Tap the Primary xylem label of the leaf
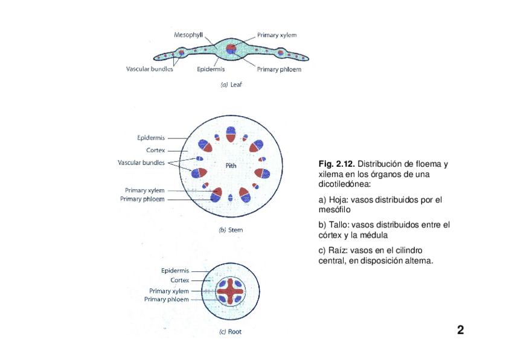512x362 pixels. tap(277, 35)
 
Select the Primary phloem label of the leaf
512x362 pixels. tap(279, 69)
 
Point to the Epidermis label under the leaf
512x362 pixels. tap(211, 69)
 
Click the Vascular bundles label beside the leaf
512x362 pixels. tap(149, 69)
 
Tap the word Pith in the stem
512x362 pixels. tap(231, 165)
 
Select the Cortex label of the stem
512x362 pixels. tap(156, 150)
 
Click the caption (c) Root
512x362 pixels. tap(229, 331)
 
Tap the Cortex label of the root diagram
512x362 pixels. tap(179, 280)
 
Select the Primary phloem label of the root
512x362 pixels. tap(166, 299)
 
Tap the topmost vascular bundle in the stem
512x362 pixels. tap(231, 134)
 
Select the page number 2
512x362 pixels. tap(460, 330)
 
